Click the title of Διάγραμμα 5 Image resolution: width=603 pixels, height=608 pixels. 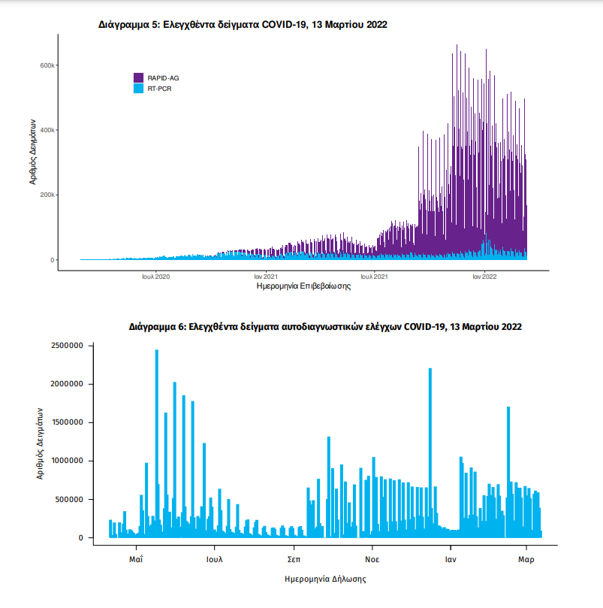(x=243, y=25)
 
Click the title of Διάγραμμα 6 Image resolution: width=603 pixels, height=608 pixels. (x=325, y=327)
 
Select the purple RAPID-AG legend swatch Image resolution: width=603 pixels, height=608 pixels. (x=138, y=78)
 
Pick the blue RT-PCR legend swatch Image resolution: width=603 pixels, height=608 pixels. (x=138, y=89)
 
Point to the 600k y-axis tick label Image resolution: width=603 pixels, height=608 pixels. (x=47, y=65)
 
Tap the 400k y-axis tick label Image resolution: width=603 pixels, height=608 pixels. (x=47, y=130)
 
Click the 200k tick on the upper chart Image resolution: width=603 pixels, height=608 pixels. (x=47, y=195)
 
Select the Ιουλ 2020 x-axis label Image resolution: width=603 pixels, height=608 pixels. (x=155, y=277)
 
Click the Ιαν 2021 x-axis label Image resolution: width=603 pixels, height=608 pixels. (x=265, y=277)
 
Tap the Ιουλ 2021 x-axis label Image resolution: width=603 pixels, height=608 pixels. (x=374, y=277)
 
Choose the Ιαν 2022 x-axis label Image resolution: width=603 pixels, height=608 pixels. (x=484, y=277)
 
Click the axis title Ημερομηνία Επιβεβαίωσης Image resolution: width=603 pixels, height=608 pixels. (x=303, y=286)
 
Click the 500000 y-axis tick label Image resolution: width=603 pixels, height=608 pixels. (x=71, y=499)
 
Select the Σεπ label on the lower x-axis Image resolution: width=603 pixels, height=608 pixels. (x=294, y=560)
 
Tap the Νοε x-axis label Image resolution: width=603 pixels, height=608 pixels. (x=372, y=560)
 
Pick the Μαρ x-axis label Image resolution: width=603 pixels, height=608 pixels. (x=526, y=560)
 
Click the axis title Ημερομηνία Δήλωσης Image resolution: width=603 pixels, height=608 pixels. (x=325, y=579)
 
